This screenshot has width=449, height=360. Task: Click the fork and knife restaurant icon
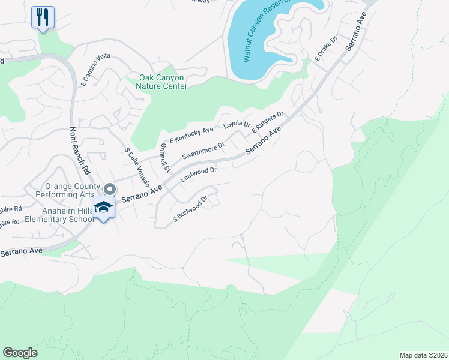(42, 17)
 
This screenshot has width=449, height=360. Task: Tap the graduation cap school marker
(103, 206)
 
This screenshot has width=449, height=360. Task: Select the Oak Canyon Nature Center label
(163, 82)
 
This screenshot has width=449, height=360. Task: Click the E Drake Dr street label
(327, 49)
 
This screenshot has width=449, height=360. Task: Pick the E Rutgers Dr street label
(267, 122)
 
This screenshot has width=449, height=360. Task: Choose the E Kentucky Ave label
(191, 134)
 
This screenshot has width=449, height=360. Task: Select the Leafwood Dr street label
(198, 174)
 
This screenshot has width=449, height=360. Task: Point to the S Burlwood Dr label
(190, 208)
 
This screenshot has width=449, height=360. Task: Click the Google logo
(20, 353)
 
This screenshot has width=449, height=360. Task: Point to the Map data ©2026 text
(423, 355)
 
